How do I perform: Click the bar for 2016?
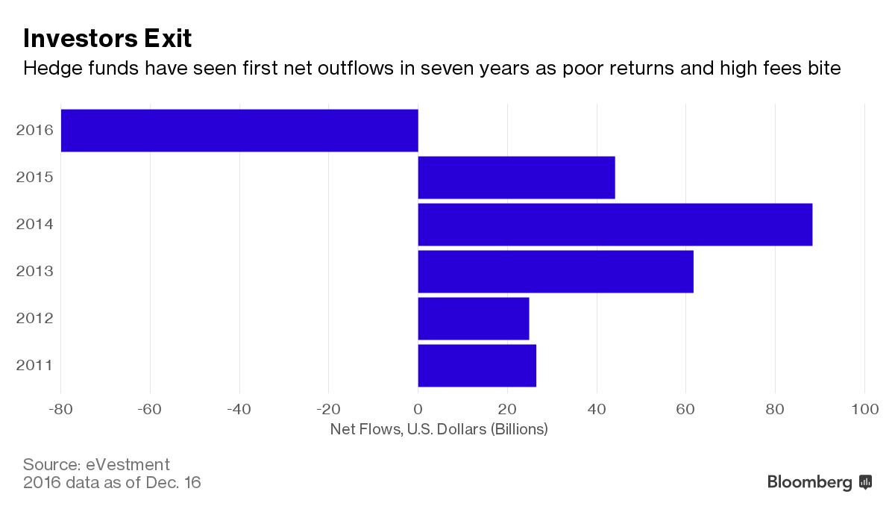239,131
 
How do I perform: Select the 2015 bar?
516,178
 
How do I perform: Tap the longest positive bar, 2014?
615,224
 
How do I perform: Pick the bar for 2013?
556,271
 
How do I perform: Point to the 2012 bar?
474,318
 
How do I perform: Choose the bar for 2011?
477,365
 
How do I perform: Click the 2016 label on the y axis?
34,131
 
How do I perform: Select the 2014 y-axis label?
34,224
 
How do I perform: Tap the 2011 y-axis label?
34,365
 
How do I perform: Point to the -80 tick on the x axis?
60,409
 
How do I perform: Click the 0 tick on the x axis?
418,409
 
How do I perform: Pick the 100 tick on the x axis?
864,409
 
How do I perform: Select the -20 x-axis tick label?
328,409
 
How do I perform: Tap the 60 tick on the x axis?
685,409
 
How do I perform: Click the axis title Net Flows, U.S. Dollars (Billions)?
439,429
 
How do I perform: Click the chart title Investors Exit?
107,37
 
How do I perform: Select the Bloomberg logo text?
809,482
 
